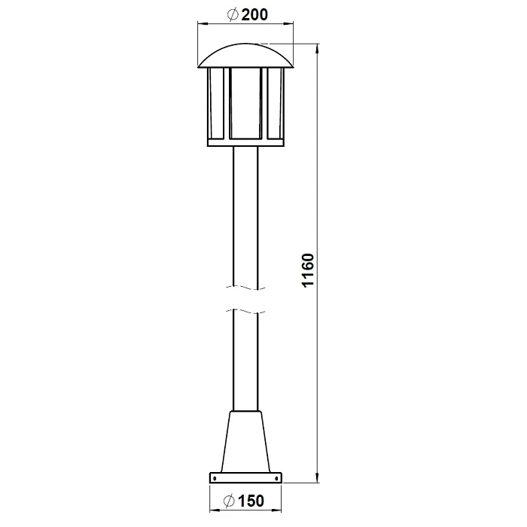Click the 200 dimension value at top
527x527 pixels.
254,15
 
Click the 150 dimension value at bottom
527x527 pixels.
251,501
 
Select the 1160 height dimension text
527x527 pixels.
308,270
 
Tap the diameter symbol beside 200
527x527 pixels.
233,15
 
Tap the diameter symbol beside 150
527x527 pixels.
229,501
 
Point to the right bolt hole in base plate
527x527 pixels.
277,477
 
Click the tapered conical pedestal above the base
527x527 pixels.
245,441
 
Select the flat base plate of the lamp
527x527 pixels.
245,477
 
